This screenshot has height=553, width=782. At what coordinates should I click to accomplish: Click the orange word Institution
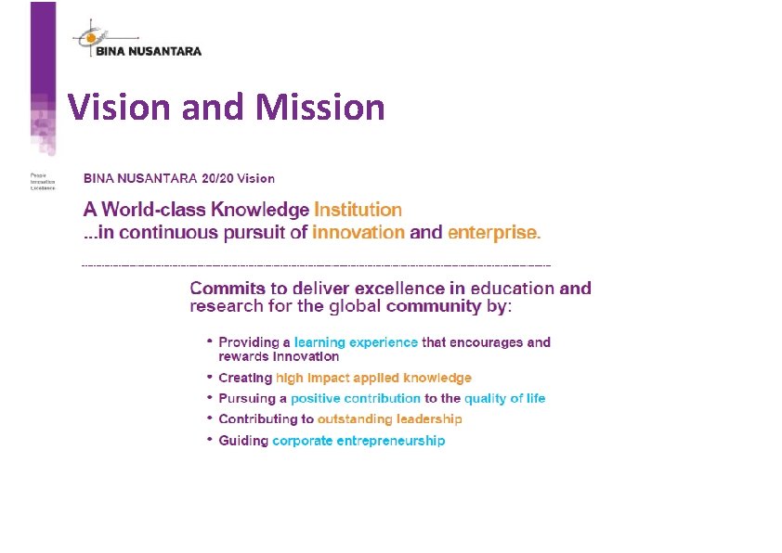pos(358,210)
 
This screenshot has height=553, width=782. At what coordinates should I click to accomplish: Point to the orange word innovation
pos(358,232)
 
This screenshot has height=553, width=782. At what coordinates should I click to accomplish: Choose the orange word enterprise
pos(493,232)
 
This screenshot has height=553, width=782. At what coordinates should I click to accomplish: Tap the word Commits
pos(231,289)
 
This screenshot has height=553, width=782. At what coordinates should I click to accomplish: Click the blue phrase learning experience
pos(356,342)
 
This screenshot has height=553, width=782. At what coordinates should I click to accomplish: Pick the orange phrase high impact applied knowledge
pos(373,378)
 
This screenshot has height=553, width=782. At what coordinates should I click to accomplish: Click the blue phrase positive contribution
pos(355,398)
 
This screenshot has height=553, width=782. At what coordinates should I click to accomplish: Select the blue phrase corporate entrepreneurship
pos(358,441)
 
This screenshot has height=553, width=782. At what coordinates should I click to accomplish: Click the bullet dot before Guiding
pos(210,440)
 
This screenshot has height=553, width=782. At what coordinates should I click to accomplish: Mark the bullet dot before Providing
pos(210,341)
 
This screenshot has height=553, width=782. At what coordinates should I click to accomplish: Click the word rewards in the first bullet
pos(242,356)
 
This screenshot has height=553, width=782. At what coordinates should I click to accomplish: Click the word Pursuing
pos(247,398)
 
